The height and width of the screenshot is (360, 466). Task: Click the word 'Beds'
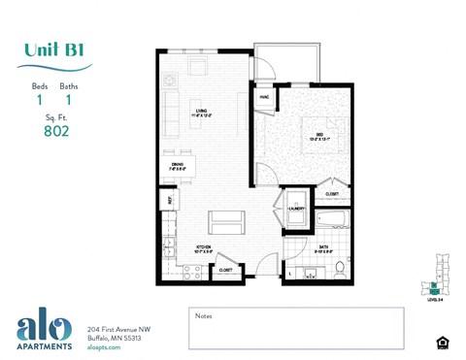[x=40, y=86]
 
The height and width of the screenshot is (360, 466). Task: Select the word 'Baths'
[x=68, y=86]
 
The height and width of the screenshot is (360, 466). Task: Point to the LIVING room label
[x=201, y=112]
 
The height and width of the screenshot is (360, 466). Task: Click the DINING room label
[x=178, y=165]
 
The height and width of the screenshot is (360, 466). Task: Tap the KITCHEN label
[x=204, y=247]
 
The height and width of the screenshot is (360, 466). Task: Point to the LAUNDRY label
[x=297, y=209]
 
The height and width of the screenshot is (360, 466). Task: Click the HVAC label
[x=264, y=97]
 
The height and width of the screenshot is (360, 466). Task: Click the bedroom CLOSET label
[x=332, y=193]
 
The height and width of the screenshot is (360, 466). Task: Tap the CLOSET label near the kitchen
[x=225, y=270]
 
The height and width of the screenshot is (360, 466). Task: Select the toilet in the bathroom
[x=340, y=267]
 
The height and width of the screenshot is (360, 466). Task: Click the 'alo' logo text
[x=44, y=328]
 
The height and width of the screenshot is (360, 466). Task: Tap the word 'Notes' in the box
[x=203, y=315]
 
